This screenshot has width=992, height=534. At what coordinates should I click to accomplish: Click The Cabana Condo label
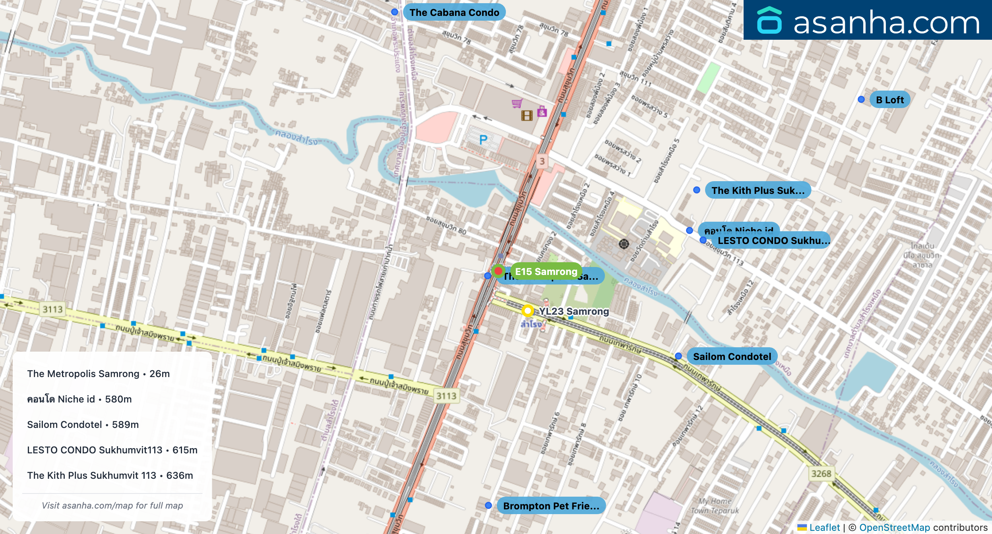tap(454, 12)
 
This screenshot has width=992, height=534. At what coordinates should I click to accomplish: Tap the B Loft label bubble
tap(889, 100)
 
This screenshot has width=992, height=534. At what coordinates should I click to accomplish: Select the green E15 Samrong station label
tap(546, 271)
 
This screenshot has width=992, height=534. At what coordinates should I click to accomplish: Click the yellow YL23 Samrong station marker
tap(527, 310)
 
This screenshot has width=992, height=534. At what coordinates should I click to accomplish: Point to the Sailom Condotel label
tap(732, 356)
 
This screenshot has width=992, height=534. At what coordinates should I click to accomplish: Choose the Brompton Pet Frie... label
tap(551, 506)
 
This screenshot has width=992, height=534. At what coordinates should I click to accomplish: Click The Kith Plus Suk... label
tap(758, 190)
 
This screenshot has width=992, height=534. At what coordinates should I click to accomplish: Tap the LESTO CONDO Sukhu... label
tap(773, 240)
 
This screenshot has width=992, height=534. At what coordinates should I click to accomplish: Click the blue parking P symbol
tap(483, 140)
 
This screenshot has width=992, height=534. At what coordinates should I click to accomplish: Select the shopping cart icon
tap(517, 104)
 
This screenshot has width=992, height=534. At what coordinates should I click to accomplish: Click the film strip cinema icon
tap(527, 116)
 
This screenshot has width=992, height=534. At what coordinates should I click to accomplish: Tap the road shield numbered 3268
tap(821, 474)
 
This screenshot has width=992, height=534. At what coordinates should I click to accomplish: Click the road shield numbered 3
tap(542, 161)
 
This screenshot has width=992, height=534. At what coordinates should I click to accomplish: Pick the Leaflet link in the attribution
tap(824, 528)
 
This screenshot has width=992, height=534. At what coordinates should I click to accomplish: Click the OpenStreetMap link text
tap(894, 528)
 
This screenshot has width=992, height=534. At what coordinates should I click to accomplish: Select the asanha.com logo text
tap(886, 23)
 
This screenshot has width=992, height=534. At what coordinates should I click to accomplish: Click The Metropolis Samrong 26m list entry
tap(98, 374)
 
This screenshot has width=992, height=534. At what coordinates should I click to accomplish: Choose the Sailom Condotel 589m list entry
tap(83, 425)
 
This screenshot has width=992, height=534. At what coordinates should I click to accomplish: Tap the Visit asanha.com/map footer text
tap(112, 505)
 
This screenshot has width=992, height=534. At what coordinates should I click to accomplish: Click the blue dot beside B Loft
tap(861, 99)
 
